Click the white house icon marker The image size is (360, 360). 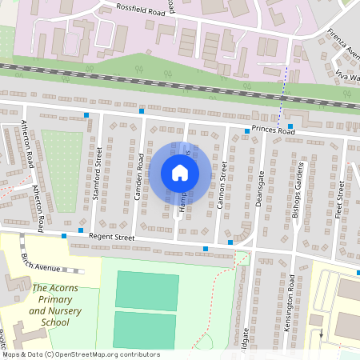(x=179, y=173)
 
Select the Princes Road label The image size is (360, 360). (x=273, y=130)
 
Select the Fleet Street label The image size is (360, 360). (x=340, y=200)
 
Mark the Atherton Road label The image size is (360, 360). (x=28, y=144)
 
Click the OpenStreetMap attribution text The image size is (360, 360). (x=80, y=354)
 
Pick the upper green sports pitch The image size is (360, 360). (x=146, y=290)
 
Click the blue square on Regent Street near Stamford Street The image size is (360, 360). (x=82, y=231)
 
